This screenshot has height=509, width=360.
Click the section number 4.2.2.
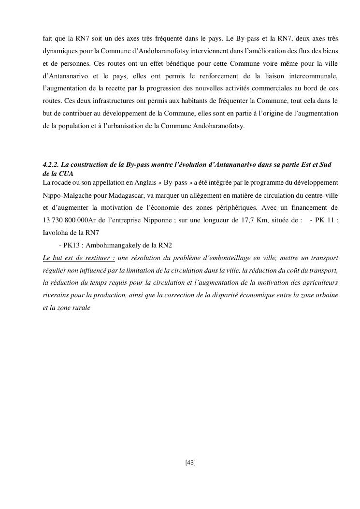[x=51, y=165]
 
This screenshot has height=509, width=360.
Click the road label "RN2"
[x=165, y=245]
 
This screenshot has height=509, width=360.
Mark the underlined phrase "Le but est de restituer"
[x=79, y=258]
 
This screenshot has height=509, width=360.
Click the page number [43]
[x=190, y=463]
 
